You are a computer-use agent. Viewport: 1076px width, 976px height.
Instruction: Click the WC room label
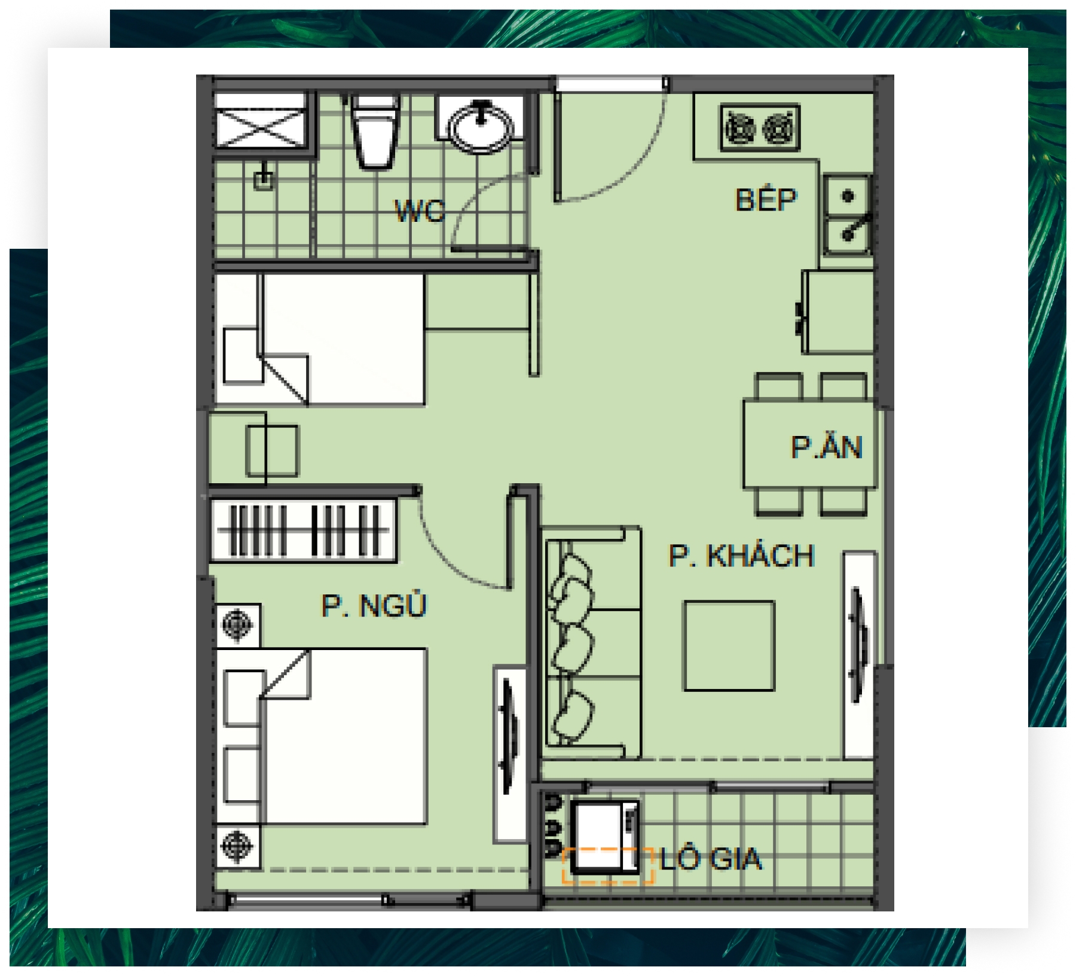click(420, 211)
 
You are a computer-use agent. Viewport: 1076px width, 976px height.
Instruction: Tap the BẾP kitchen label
click(766, 199)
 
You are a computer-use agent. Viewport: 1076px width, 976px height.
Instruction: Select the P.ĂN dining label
click(827, 447)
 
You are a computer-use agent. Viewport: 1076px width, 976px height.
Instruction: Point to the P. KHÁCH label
click(741, 556)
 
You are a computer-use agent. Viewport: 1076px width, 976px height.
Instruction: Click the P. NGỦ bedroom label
click(374, 605)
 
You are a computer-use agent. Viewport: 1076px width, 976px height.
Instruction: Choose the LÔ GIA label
click(711, 859)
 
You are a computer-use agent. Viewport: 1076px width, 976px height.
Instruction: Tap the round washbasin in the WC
click(481, 126)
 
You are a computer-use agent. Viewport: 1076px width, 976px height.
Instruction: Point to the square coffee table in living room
click(729, 646)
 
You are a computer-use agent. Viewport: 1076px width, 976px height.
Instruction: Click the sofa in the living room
click(592, 643)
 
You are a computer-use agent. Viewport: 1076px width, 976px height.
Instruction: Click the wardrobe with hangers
click(303, 530)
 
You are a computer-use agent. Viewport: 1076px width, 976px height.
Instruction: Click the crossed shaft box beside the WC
click(262, 120)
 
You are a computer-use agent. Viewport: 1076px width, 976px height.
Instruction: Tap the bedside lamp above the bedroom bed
click(237, 625)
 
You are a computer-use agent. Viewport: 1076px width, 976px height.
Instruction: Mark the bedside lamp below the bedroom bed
click(237, 846)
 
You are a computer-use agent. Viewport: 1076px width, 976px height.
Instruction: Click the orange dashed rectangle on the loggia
click(608, 865)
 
